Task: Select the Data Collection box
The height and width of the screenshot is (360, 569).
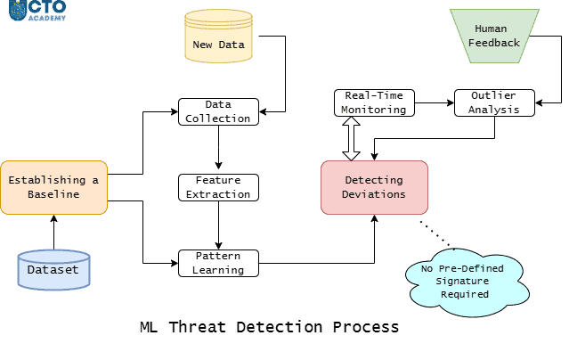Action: click(x=218, y=111)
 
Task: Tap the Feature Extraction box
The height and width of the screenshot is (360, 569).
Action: click(x=218, y=187)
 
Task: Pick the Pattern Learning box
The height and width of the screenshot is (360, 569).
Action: click(x=218, y=263)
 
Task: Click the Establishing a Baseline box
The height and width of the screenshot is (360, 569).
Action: click(x=53, y=187)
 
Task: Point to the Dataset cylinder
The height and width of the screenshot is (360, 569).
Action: click(x=53, y=269)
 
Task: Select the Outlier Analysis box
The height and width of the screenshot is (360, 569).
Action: click(x=494, y=102)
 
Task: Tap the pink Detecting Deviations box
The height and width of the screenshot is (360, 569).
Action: click(x=374, y=187)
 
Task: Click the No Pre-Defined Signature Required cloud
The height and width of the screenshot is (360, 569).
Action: click(x=464, y=279)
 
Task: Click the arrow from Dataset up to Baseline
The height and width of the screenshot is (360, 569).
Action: click(x=53, y=232)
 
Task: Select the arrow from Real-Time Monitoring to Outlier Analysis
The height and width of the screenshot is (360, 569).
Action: click(x=431, y=103)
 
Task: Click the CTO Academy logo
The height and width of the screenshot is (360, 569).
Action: click(x=37, y=10)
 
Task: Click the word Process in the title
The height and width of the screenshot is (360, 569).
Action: click(x=365, y=327)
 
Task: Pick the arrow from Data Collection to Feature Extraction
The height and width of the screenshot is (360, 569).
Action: click(x=218, y=149)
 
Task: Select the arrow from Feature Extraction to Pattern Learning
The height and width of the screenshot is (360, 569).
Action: click(x=218, y=225)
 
